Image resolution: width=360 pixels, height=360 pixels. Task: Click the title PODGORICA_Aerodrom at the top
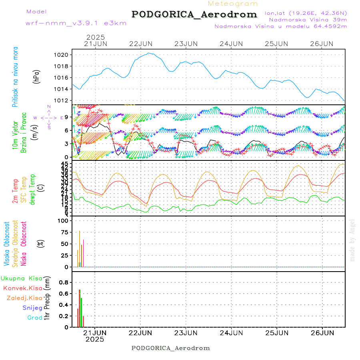pos(194,14)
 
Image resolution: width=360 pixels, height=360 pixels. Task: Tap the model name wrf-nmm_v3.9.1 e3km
pos(76,23)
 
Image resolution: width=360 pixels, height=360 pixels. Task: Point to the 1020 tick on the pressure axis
pos(64,55)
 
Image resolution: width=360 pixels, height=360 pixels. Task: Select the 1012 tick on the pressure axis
pos(64,100)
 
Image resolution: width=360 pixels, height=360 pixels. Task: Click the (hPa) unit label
pos(37,76)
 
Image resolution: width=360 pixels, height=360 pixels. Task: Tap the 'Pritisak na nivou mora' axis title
pos(15,77)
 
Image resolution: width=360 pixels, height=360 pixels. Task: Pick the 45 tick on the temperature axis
pos(64,164)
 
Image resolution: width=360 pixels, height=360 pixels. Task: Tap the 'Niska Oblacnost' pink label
pos(24,243)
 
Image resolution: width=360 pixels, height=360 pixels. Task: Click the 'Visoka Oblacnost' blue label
pos(7,243)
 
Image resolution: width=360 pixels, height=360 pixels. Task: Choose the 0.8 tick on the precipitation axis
pos(63,282)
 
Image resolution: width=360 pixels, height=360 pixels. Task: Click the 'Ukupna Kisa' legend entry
pos(21,278)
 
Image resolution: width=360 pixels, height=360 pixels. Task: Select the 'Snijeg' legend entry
pos(33,308)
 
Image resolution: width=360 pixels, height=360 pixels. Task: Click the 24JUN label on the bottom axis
pos(232,332)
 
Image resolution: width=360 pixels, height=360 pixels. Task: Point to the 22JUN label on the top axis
pos(141,44)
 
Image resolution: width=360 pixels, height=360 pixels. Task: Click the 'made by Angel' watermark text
pos(352,240)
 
